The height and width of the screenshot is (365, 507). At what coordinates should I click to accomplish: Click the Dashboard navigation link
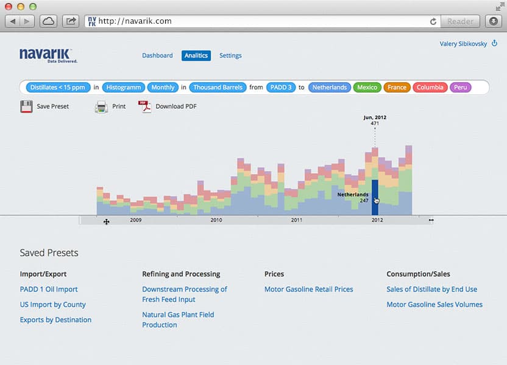pos(157,55)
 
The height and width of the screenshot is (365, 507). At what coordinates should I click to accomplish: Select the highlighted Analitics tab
pos(196,55)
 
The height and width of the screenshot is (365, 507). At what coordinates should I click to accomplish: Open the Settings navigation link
pos(230,55)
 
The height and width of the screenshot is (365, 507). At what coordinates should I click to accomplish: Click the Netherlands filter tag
pos(329,88)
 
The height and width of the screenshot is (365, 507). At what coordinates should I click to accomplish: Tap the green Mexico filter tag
pos(367,88)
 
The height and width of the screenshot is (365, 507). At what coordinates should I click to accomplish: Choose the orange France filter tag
pos(397,88)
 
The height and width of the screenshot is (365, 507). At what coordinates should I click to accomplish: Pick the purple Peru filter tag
pos(461,88)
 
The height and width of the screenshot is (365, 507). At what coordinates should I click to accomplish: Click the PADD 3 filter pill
pos(281,88)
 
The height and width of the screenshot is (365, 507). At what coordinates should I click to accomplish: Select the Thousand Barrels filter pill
pos(218,88)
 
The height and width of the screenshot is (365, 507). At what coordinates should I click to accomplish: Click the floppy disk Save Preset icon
pos(26,107)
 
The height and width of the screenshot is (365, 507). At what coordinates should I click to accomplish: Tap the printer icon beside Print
pos(101,107)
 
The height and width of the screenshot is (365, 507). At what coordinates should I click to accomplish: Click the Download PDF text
pos(176,106)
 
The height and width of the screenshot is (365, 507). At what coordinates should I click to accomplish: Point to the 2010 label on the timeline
pos(216,220)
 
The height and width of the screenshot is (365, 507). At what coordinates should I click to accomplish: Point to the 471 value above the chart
pos(375,123)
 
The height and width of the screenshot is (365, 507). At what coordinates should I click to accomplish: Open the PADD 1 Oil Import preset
pos(49,290)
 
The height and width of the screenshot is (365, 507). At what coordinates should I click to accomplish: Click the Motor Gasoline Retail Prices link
pos(308,290)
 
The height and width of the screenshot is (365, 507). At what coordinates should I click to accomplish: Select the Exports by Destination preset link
pos(55,320)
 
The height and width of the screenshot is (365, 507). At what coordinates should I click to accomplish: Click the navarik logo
pos(47,55)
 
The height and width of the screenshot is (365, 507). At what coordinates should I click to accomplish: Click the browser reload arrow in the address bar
pos(433,21)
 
